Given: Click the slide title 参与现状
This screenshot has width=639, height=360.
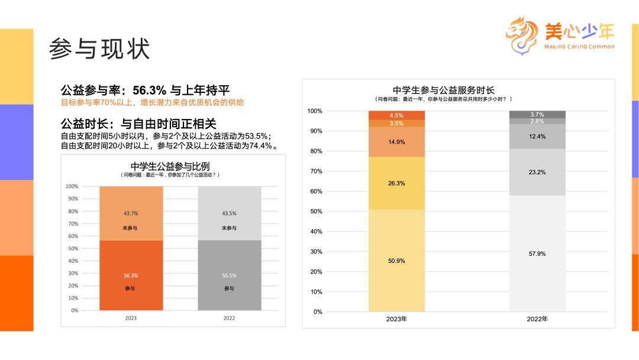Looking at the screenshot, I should pos(99,49).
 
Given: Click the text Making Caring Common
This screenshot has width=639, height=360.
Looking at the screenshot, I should pos(579,47).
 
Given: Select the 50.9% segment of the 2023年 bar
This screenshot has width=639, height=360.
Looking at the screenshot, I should pos(396,261).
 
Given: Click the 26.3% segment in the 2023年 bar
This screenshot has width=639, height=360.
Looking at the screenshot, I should pos(396,183).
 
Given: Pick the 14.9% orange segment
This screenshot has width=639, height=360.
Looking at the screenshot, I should pos(396,142).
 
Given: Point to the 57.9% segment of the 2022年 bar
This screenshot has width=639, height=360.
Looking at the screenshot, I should pos(537,253).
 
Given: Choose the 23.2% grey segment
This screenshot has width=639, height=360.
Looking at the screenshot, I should pos(537,172).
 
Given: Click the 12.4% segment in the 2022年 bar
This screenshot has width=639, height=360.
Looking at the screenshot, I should pos(537,136).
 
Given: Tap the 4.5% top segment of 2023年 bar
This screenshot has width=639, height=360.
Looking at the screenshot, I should pos(396,115).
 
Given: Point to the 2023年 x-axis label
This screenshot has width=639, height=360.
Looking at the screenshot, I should pos(396,319).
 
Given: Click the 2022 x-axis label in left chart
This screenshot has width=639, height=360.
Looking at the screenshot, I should pos(229,318).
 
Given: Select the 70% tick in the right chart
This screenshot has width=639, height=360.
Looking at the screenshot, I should pos(315,171).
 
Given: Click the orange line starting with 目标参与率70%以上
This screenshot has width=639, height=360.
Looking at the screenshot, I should pos(153,102).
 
